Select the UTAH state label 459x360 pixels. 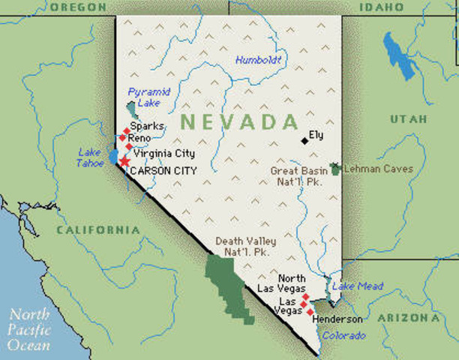(409, 119)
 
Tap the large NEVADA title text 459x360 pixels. (239, 121)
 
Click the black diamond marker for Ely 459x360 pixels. (304, 140)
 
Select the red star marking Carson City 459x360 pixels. (124, 161)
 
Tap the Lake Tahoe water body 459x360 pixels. (113, 157)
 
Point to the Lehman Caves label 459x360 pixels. (378, 169)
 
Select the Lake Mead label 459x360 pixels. (358, 286)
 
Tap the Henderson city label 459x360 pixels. (337, 319)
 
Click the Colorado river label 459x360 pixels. (344, 335)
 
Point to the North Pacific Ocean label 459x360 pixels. (30, 330)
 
